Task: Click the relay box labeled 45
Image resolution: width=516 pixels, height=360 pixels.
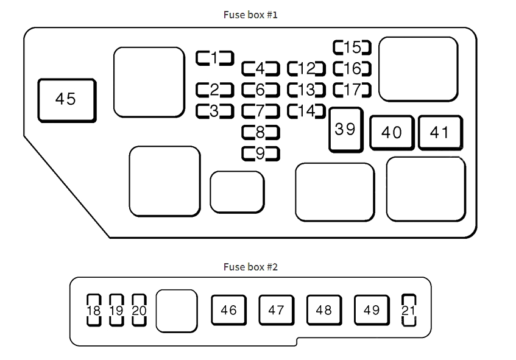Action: click(x=66, y=100)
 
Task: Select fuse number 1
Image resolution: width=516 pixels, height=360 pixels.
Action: click(x=214, y=58)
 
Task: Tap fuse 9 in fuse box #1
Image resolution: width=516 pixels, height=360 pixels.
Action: click(x=260, y=154)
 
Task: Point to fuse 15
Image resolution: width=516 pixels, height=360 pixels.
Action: click(x=352, y=48)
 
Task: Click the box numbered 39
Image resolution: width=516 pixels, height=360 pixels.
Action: click(x=345, y=129)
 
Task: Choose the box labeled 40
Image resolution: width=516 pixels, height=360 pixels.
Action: click(x=392, y=132)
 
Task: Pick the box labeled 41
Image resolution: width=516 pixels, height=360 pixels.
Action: click(x=439, y=132)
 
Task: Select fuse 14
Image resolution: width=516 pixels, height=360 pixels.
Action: click(x=306, y=111)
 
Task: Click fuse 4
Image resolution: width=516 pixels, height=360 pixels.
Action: click(x=260, y=68)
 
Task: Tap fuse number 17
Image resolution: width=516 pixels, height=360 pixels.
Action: click(x=352, y=90)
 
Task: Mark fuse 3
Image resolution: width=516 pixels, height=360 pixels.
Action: click(x=214, y=111)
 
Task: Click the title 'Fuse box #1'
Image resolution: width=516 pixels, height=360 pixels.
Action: click(x=250, y=15)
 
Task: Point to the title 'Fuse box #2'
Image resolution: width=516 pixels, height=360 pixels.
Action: click(x=250, y=266)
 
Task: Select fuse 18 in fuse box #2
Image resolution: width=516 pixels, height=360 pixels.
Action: click(x=94, y=311)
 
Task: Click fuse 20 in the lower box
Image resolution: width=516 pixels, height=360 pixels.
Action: click(x=139, y=311)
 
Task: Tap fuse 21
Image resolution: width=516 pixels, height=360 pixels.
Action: click(x=408, y=311)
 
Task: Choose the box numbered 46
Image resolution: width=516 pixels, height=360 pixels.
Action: click(x=228, y=311)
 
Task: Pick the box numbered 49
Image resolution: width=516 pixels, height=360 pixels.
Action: click(x=372, y=311)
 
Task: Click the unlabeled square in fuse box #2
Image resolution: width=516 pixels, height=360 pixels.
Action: click(x=177, y=311)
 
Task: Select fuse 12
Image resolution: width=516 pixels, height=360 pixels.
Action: click(x=306, y=68)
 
